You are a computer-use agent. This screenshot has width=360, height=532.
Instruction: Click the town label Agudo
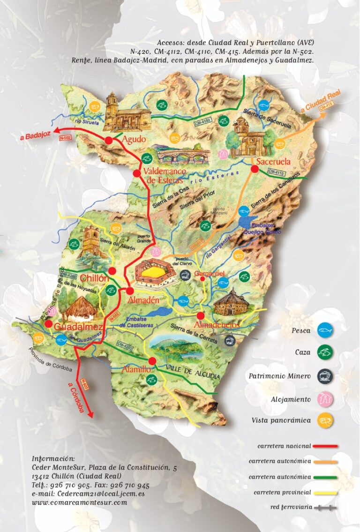[x=134, y=140]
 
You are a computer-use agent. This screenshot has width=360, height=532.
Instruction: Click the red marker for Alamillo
[x=152, y=361]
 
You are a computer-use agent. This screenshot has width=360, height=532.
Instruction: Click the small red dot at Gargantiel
[x=202, y=279]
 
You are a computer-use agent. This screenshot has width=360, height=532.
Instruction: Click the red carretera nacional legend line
[x=324, y=446]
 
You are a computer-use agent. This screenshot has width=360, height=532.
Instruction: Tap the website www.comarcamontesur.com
[x=79, y=502]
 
